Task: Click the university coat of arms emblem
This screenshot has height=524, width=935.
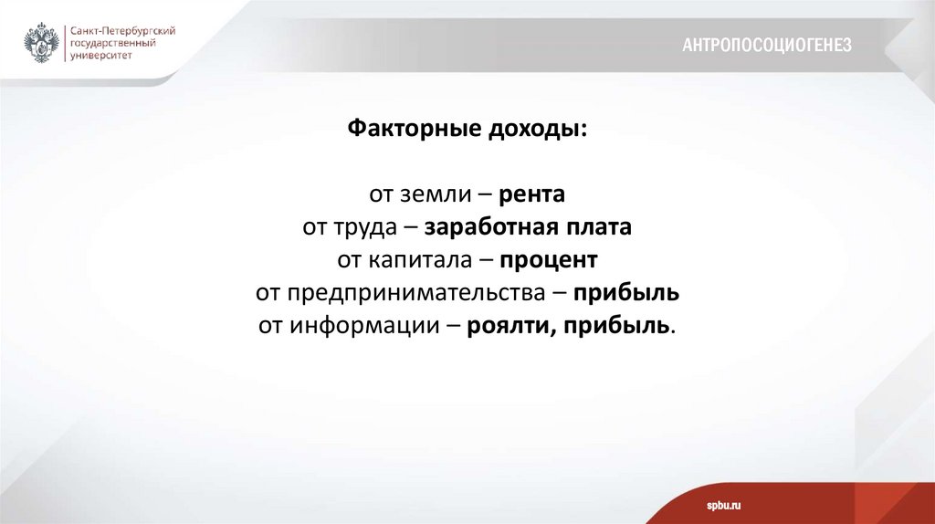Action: [43, 43]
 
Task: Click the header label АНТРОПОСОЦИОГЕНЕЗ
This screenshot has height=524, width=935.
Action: [767, 45]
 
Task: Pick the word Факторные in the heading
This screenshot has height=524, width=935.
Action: [402, 129]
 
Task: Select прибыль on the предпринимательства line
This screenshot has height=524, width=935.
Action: [627, 293]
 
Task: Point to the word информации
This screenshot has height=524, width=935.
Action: [365, 326]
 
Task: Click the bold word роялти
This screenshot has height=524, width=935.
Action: [506, 326]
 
